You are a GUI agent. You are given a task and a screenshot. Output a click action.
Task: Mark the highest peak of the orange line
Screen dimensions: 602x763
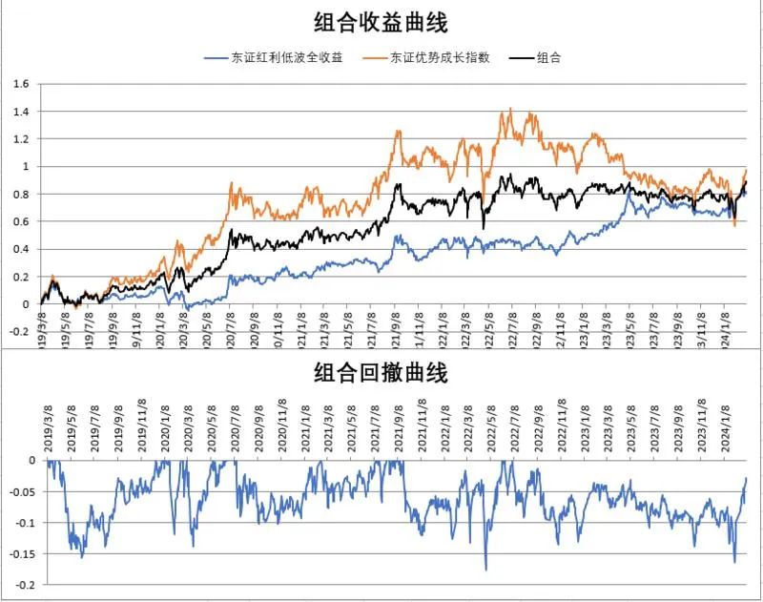click(511, 110)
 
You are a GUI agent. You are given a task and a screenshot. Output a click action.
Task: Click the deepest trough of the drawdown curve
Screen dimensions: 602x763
click(485, 570)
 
